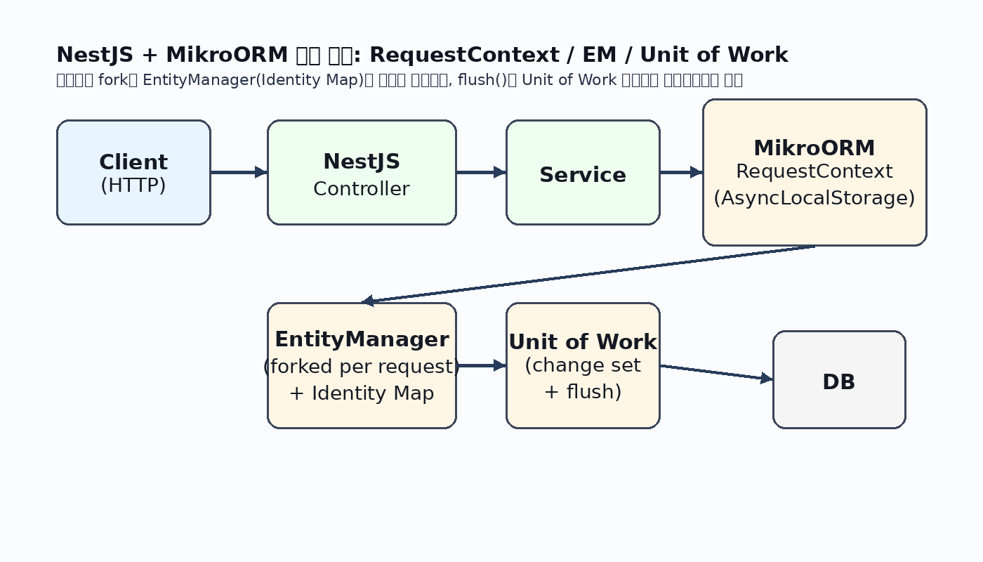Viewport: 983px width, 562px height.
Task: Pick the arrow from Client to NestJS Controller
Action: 239,172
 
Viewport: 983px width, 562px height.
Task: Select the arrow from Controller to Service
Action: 481,172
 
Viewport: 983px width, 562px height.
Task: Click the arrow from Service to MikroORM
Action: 681,172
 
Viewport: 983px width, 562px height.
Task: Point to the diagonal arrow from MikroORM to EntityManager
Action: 590,274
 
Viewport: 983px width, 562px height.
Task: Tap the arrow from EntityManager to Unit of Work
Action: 481,365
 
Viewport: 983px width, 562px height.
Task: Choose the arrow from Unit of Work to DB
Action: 716,372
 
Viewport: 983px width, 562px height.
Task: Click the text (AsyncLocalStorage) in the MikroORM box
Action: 814,198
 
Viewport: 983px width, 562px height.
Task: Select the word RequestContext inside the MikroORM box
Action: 814,171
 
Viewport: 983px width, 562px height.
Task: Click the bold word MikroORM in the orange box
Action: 814,148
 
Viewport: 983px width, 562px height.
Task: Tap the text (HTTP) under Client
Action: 133,185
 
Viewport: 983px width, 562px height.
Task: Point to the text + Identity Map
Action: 362,393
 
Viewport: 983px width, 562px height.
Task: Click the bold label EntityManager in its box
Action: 362,339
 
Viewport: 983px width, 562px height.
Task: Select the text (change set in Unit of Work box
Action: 583,365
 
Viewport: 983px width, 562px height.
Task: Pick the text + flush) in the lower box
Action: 583,391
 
